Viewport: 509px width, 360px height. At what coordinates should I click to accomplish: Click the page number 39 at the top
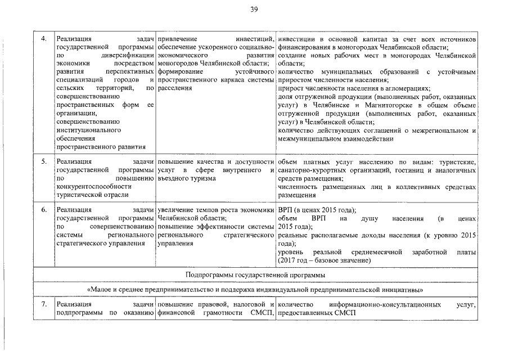click(x=254, y=7)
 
